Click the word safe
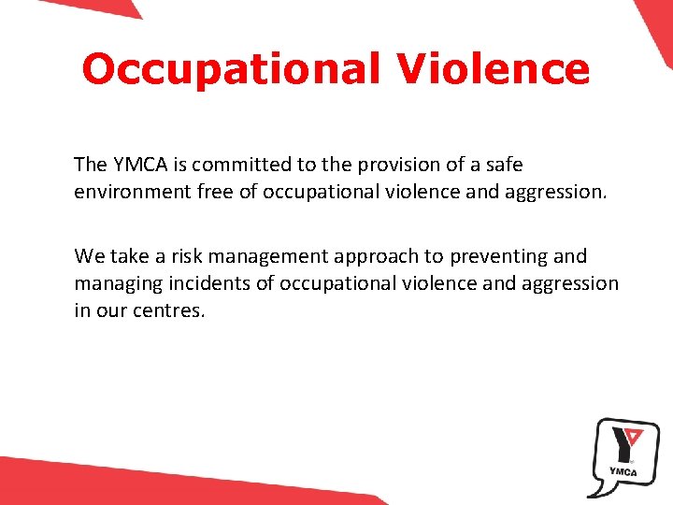pyautogui.click(x=502, y=165)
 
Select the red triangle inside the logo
pyautogui.click(x=633, y=436)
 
